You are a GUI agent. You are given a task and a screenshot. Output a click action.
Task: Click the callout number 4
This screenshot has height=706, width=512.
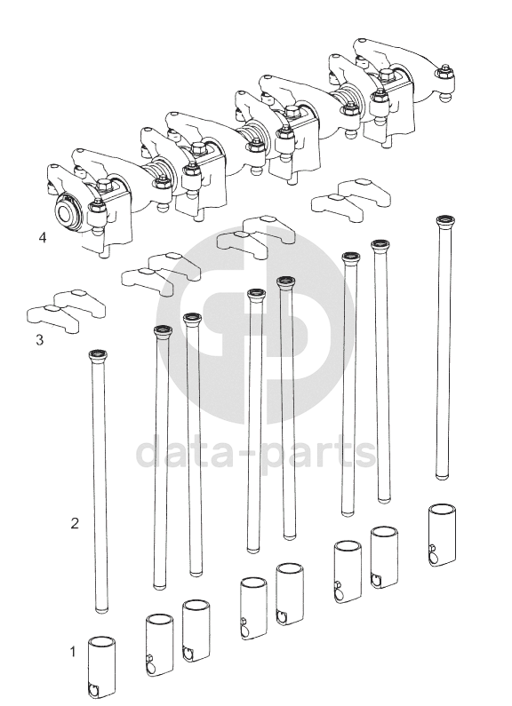click(43, 237)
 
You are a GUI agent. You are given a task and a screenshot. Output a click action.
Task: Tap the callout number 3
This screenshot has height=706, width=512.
click(40, 339)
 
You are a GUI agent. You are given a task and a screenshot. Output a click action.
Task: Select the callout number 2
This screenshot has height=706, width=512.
click(75, 523)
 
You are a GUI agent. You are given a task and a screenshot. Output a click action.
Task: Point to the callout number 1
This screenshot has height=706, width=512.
click(73, 652)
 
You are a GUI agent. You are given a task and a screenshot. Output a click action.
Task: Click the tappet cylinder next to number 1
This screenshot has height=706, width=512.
click(101, 667)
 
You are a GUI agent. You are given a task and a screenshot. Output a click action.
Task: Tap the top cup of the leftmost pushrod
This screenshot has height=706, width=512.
click(98, 356)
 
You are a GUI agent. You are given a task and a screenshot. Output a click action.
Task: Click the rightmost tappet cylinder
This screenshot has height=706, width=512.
click(441, 535)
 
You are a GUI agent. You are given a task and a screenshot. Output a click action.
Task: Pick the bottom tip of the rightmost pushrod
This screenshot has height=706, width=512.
click(443, 476)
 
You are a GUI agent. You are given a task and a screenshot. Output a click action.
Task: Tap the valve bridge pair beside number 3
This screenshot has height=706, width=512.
click(67, 311)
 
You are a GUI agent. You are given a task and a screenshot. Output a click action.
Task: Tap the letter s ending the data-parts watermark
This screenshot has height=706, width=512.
click(364, 453)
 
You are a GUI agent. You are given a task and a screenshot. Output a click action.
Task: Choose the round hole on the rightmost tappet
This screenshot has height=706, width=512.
click(433, 557)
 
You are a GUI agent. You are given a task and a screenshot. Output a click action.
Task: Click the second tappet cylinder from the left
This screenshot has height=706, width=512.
click(159, 646)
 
